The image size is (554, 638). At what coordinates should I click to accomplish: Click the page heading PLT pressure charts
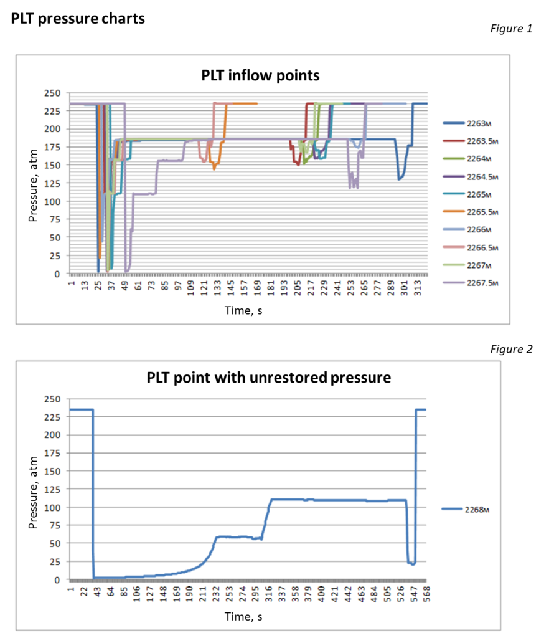(x=78, y=19)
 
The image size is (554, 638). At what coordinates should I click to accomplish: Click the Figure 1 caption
(x=511, y=29)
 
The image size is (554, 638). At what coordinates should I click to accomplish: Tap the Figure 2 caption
(x=511, y=349)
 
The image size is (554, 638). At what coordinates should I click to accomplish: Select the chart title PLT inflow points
(x=261, y=75)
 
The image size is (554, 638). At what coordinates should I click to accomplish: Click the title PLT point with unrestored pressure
(x=269, y=378)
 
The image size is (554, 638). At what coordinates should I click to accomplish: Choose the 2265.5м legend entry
(x=471, y=212)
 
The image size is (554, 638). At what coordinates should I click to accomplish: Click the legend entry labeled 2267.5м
(x=471, y=282)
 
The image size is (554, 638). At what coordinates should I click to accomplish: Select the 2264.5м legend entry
(x=471, y=176)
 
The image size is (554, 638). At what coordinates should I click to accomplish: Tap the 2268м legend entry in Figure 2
(x=466, y=509)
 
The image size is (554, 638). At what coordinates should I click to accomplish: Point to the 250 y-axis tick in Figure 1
(x=52, y=93)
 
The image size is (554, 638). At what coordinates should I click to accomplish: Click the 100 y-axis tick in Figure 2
(x=52, y=507)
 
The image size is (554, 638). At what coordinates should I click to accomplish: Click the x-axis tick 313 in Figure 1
(x=418, y=287)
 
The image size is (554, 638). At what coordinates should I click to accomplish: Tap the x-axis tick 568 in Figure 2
(x=426, y=594)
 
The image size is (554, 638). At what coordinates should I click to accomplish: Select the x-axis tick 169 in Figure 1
(x=258, y=287)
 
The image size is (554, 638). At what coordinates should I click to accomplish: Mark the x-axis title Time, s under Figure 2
(x=243, y=616)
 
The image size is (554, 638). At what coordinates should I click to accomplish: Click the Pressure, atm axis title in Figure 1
(x=33, y=185)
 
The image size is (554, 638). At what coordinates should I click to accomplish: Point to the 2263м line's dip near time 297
(x=399, y=179)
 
